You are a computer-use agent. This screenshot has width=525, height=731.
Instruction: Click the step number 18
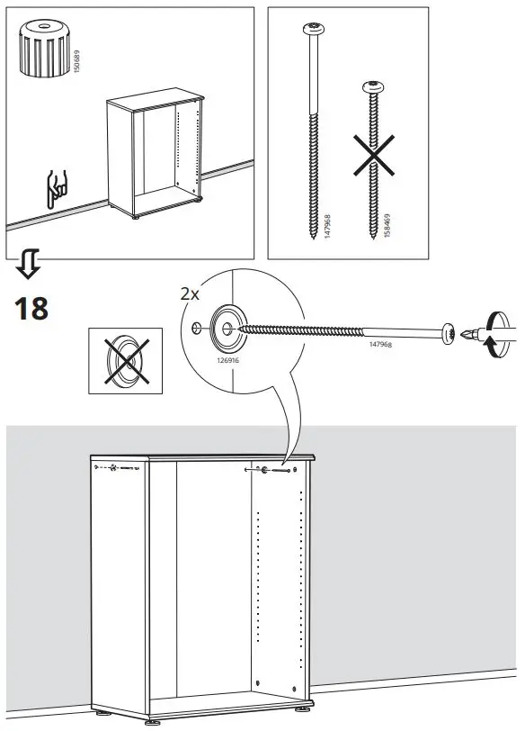pyautogui.click(x=31, y=308)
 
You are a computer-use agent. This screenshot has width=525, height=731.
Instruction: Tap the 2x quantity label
pyautogui.click(x=190, y=294)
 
